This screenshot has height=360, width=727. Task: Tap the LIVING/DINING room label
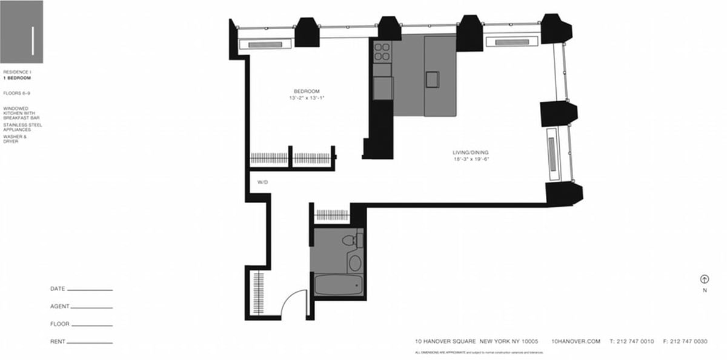[471, 152]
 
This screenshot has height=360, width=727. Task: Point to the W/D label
[262, 182]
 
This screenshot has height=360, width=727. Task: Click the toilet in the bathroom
[350, 241]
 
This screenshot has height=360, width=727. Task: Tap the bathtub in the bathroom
[339, 285]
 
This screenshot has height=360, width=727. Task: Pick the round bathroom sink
[354, 263]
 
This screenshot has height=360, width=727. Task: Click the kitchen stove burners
[382, 52]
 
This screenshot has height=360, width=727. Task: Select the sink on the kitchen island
[432, 79]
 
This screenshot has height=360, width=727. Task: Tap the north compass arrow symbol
[705, 279]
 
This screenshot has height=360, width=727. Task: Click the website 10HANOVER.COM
[576, 342]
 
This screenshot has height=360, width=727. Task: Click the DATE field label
[58, 289]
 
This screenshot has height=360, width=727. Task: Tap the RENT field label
[58, 342]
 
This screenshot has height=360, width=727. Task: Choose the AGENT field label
[59, 307]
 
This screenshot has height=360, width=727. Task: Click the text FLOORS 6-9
[16, 93]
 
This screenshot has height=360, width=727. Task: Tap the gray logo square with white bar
[22, 32]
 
